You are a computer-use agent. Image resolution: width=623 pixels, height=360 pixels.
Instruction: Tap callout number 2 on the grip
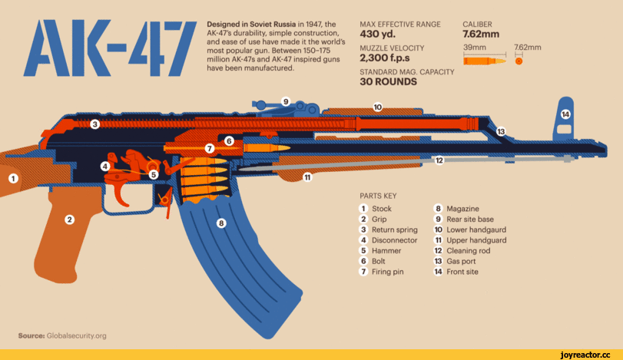pos(69,220)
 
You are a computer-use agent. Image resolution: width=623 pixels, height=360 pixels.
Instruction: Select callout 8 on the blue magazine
pos(221,223)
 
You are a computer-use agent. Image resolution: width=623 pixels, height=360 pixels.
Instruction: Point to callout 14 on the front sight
pos(565,114)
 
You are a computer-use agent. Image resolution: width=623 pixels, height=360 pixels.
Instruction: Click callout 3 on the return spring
pos(94,124)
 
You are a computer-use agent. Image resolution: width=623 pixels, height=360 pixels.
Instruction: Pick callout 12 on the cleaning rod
pos(439,160)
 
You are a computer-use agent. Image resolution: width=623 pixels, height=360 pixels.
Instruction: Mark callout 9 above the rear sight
pos(285,101)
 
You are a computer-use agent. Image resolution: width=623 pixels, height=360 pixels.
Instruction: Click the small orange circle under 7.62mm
pos(519,61)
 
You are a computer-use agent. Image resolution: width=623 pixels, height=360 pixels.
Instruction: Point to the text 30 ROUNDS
pos(389,82)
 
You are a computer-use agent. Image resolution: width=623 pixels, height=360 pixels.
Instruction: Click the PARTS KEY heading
pos(379,195)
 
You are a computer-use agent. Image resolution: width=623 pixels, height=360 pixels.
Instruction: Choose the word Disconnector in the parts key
pos(394,240)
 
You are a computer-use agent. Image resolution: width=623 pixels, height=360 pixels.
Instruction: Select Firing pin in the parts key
pos(388,272)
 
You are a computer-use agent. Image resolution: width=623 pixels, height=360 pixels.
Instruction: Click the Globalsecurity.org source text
pos(77,335)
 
